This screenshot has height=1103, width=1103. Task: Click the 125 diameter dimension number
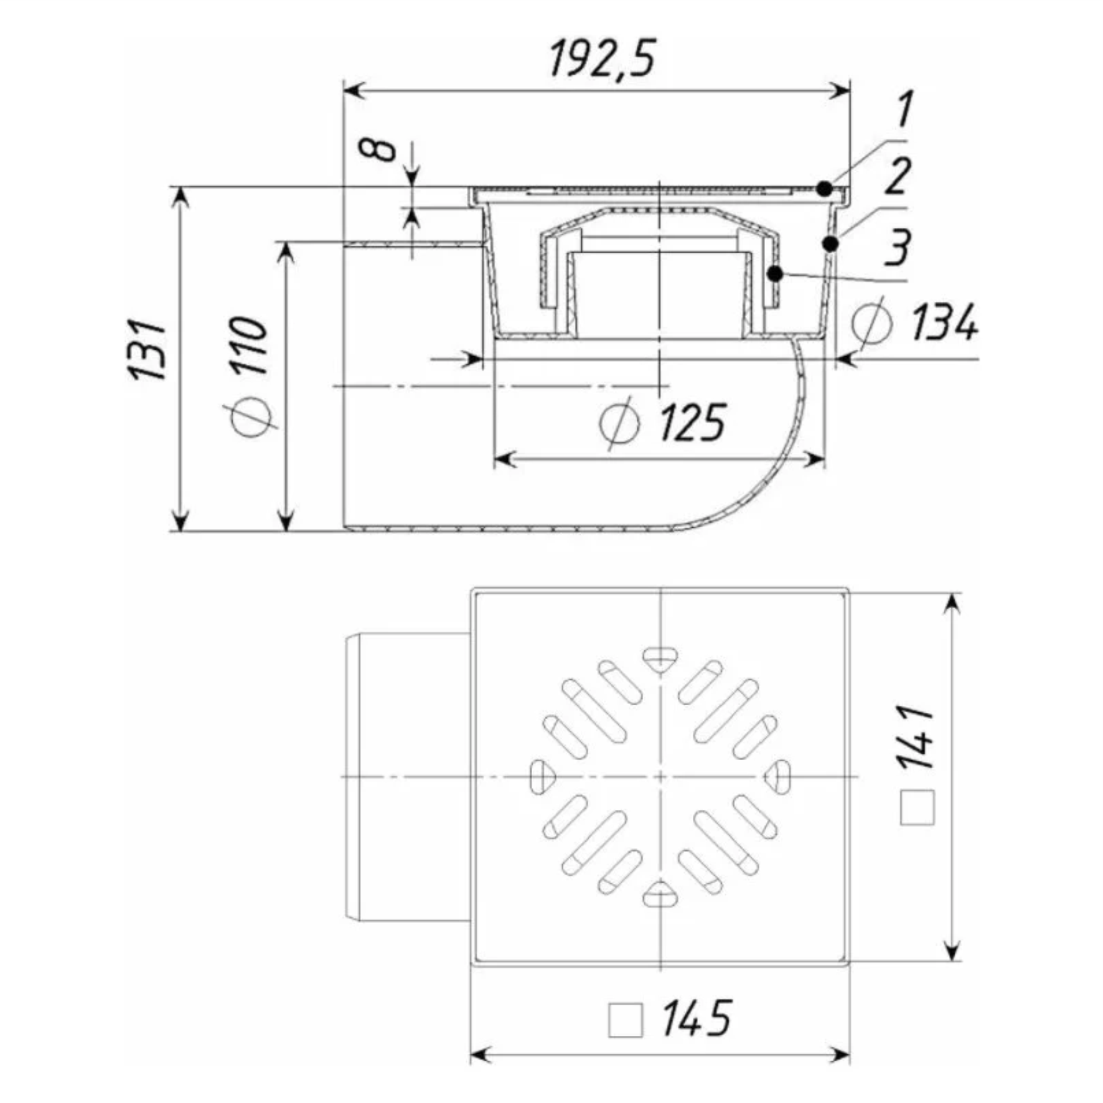(692, 423)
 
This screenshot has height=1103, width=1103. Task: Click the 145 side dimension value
(697, 1019)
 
